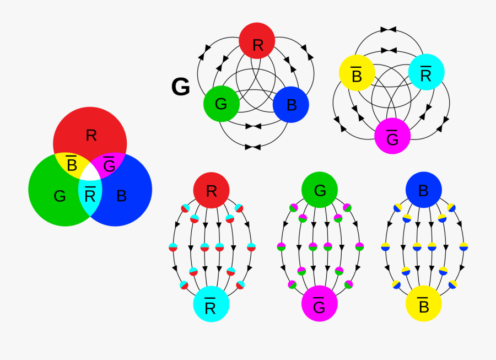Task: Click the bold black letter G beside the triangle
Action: [181, 87]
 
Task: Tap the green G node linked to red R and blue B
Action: [222, 103]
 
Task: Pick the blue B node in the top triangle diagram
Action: [291, 104]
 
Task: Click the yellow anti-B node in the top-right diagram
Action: [357, 73]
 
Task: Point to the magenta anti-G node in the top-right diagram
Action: [392, 136]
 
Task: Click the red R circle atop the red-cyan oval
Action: [211, 190]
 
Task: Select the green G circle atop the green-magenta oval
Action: [320, 190]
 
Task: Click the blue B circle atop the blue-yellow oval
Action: [424, 190]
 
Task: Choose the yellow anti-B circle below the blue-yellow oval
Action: [424, 304]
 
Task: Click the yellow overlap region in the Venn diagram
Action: [71, 164]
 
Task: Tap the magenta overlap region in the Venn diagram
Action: [109, 164]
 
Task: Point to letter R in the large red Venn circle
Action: [91, 135]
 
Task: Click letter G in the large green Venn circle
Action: [60, 196]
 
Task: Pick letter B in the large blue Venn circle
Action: [122, 196]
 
